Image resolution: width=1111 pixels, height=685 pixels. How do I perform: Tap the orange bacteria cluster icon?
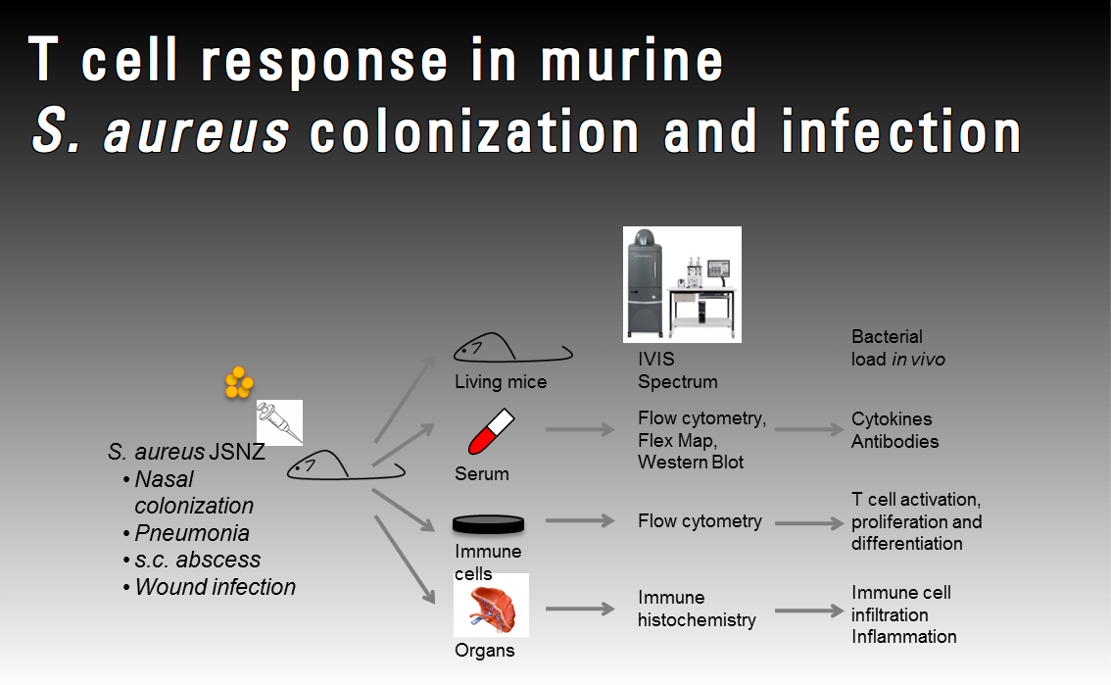[239, 382]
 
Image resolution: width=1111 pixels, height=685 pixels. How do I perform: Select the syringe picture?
[279, 422]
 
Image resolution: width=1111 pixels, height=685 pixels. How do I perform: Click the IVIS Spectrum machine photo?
[682, 284]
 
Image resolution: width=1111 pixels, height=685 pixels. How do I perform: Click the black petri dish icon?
[487, 524]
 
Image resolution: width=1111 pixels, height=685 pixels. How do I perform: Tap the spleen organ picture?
[491, 605]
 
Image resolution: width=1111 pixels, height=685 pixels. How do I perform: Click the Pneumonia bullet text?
[192, 533]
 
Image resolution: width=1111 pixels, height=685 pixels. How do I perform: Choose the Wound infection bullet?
[215, 587]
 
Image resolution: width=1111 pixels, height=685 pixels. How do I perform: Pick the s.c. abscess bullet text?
[197, 560]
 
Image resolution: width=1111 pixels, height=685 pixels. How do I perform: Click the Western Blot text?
[691, 462]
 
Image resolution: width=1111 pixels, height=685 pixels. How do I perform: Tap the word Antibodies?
[894, 441]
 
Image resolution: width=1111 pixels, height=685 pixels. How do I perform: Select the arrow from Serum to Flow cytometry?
[579, 429]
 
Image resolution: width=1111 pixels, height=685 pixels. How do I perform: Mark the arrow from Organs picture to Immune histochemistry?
[579, 609]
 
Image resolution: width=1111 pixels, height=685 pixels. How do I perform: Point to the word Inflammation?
[903, 636]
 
